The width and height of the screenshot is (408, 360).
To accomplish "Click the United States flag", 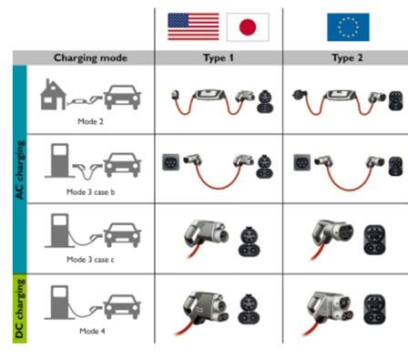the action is tap(193, 26).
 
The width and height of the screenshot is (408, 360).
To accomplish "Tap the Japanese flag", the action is tap(248, 27).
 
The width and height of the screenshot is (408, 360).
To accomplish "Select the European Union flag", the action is tap(348, 27).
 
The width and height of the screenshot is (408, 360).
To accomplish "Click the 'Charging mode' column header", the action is tap(90, 58).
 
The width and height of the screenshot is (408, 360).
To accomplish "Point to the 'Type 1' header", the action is tap(219, 58).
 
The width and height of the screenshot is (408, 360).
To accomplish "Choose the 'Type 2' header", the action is tap(347, 58).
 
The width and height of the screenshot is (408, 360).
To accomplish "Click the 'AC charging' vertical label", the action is tap(19, 170).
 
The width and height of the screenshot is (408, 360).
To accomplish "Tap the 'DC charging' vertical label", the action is tap(19, 309).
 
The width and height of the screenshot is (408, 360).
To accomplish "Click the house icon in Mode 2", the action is tap(53, 95).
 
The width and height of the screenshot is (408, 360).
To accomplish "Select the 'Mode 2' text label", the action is tap(90, 121).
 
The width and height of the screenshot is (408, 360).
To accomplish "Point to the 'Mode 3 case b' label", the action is tap(90, 192).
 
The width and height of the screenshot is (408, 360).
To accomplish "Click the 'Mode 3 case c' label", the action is tap(90, 260).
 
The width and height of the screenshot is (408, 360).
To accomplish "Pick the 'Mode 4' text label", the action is tap(92, 331).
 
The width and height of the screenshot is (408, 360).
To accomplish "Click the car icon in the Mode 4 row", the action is tap(122, 307).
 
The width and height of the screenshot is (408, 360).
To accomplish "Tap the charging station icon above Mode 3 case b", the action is tap(59, 160).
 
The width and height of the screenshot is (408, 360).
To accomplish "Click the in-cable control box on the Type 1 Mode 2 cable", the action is tap(209, 94).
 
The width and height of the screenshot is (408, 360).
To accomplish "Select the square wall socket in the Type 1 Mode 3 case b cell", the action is tap(170, 162).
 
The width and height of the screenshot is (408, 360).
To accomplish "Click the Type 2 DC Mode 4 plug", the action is tap(330, 308).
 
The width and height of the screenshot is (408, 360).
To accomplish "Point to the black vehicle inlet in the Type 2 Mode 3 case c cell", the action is tap(374, 240).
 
